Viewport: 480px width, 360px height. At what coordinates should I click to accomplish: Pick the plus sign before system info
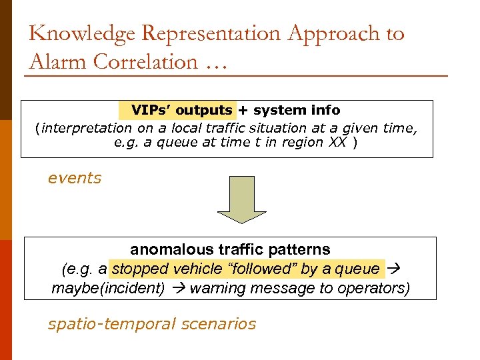pyautogui.click(x=243, y=110)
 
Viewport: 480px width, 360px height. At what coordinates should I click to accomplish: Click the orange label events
pyautogui.click(x=75, y=178)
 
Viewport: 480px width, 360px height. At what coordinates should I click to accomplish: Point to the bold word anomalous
pyautogui.click(x=171, y=249)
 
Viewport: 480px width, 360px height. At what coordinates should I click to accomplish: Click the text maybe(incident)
pyautogui.click(x=108, y=288)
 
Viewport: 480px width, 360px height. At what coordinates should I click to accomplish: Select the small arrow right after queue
pyautogui.click(x=392, y=269)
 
